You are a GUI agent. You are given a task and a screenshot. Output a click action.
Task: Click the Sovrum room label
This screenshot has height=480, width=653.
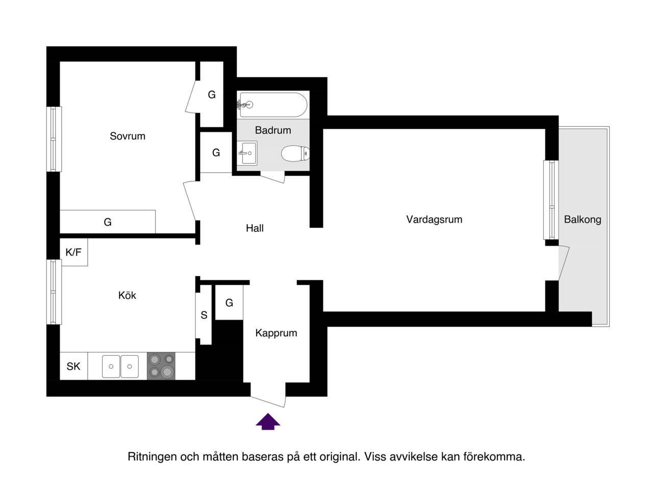[128, 136]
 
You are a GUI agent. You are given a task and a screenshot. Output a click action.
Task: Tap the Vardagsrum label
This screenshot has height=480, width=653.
[434, 219]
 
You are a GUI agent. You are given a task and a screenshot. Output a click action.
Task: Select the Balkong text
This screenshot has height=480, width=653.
[583, 219]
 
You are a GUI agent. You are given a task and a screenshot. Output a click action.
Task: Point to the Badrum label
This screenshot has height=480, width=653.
[273, 130]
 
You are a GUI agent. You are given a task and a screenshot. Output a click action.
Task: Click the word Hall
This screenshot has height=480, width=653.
[255, 228]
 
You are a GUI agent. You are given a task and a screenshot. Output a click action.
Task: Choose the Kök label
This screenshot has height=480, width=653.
[127, 296]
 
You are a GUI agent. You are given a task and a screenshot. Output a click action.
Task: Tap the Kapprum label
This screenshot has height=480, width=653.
[276, 333]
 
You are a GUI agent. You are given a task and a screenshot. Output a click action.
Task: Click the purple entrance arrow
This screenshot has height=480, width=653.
[268, 421]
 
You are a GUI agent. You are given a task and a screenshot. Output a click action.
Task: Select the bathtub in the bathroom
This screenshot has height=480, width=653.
[272, 104]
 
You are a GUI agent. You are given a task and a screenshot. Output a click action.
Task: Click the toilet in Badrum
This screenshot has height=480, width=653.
[295, 153]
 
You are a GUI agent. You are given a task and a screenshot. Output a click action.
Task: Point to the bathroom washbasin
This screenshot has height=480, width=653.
[247, 153]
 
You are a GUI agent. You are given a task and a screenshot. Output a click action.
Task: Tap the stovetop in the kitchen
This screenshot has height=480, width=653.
[161, 366]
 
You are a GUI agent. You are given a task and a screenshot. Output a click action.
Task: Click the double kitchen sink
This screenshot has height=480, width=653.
[120, 366]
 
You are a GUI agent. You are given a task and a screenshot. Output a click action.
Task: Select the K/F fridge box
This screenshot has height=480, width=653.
[73, 252]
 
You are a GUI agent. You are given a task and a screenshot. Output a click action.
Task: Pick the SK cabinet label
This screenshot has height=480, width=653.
[73, 366]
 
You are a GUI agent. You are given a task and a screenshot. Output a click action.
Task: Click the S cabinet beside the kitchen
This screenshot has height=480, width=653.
[204, 315]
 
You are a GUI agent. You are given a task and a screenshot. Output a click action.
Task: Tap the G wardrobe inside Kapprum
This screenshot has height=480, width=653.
[229, 303]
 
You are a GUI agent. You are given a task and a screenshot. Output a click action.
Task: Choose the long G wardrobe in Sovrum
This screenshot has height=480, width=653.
[108, 222]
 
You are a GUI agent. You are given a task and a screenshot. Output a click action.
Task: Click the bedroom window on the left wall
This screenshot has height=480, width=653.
[54, 139]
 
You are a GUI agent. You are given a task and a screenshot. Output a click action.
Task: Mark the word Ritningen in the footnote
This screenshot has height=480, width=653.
[152, 457]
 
